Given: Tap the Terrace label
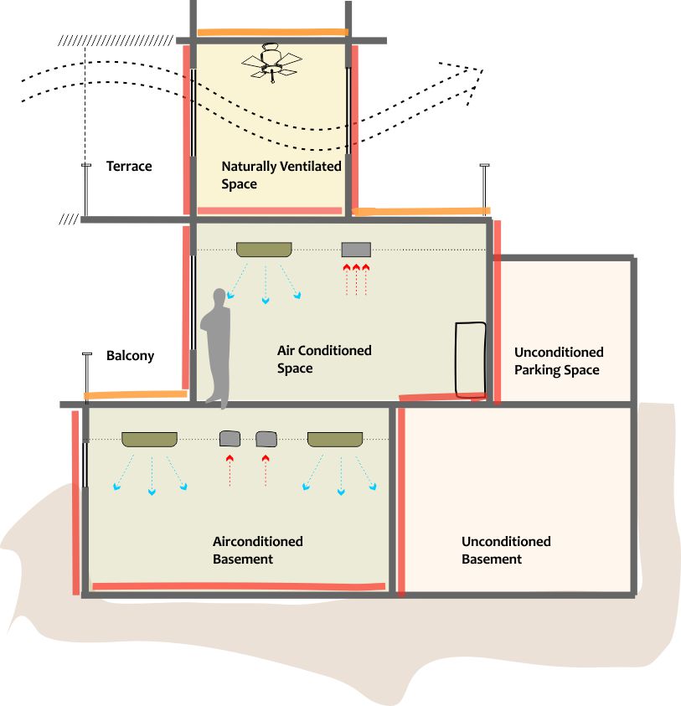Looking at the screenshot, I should (129, 166).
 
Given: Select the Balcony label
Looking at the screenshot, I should (131, 355).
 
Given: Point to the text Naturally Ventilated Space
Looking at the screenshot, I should (281, 174).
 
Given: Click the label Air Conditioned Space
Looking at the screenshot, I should (323, 358).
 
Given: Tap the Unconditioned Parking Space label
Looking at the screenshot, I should (558, 361).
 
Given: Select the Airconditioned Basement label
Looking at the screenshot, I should (257, 549).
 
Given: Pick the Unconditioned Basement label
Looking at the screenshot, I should (505, 549).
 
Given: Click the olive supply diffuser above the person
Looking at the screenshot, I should (264, 249).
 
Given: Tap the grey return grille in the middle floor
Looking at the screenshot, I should (356, 249).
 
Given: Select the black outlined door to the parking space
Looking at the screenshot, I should (470, 358).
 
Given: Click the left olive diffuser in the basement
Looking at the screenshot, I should (149, 438).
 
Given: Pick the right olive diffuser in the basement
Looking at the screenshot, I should (335, 438).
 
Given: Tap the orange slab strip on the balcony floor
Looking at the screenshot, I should (135, 394).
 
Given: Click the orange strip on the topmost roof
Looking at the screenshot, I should (271, 33).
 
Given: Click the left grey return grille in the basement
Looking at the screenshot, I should (230, 438).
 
